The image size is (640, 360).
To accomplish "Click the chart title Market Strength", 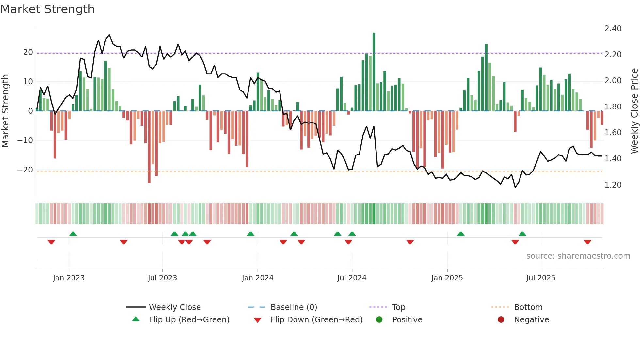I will point(47,9).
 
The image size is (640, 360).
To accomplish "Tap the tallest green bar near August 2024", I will point(374,72).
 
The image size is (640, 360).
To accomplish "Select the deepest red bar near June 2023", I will point(149,147).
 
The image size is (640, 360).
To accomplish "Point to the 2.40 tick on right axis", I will point(613,29).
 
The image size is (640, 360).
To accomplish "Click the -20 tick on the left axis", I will point(25,170).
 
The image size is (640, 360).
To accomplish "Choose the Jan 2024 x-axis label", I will point(257,278).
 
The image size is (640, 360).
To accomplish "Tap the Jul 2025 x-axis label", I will point(540,278).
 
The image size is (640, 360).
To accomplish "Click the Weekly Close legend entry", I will point(175,307).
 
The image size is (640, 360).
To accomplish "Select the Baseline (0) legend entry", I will point(294,307).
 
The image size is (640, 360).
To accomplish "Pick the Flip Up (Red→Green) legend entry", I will point(189,320).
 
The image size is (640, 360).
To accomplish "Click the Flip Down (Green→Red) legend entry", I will point(316,320).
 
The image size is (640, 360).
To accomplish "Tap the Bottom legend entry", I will point(528,307).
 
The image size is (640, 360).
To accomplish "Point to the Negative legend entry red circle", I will point(501,320).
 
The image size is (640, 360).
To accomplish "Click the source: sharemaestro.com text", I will point(578,256).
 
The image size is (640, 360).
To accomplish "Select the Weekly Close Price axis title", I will point(634,111).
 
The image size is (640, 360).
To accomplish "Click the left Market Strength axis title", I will point(5,111).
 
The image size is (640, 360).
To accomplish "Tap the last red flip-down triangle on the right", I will point(587,242).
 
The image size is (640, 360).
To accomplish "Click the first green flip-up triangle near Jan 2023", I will point(73,234).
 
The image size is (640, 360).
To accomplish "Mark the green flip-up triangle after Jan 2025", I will point(461,234).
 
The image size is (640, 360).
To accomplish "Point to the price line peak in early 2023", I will point(109,35).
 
